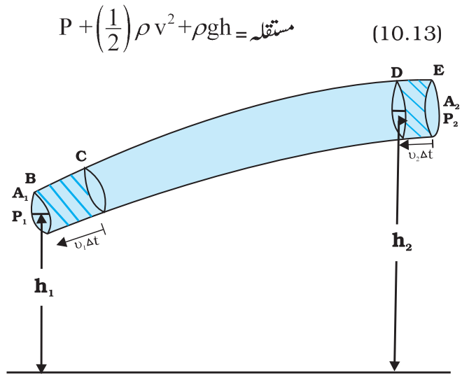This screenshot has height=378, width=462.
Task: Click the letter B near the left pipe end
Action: click(x=31, y=178)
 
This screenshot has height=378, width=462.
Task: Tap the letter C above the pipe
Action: click(x=81, y=156)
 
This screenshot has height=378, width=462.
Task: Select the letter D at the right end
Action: click(x=397, y=73)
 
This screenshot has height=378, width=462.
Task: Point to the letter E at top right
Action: click(x=438, y=71)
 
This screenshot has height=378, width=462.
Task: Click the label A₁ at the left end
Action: click(x=20, y=195)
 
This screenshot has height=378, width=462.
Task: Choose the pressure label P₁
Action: click(x=20, y=218)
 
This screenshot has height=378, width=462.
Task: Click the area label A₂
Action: click(x=451, y=103)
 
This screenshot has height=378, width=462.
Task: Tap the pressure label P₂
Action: click(x=451, y=120)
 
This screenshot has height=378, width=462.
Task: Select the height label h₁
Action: click(x=44, y=287)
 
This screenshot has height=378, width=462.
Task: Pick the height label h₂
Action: click(x=402, y=242)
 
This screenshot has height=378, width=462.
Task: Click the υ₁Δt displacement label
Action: click(x=87, y=244)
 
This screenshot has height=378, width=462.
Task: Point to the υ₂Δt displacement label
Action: click(x=421, y=155)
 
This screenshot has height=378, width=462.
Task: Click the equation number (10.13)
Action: click(x=407, y=34)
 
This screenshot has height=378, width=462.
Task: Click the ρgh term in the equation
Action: click(x=211, y=29)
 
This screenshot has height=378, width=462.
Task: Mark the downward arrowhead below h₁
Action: click(x=41, y=367)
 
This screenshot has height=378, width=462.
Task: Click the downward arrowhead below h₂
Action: click(x=395, y=366)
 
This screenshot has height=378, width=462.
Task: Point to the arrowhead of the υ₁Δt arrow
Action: click(x=62, y=242)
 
